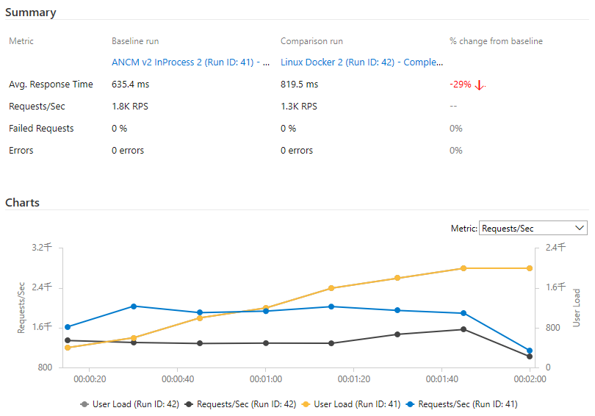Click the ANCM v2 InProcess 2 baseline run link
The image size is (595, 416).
tap(190, 62)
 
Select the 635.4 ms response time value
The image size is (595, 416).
tap(131, 85)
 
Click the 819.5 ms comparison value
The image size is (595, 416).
tap(300, 85)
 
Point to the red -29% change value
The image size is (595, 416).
tap(461, 85)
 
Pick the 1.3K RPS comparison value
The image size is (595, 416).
tap(299, 107)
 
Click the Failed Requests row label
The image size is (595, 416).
tap(41, 129)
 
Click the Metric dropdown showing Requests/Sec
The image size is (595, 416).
tap(533, 229)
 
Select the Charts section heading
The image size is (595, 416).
tap(23, 202)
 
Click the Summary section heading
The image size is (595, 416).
tap(31, 12)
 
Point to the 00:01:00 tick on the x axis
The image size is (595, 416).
tap(265, 379)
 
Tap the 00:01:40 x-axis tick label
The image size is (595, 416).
tap(442, 379)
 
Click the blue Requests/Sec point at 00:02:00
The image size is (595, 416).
tap(529, 351)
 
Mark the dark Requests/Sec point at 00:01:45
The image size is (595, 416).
tap(463, 329)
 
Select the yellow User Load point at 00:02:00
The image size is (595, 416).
tap(529, 268)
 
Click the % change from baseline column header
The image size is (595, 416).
tap(496, 41)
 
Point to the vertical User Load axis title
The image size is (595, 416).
tap(577, 307)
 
